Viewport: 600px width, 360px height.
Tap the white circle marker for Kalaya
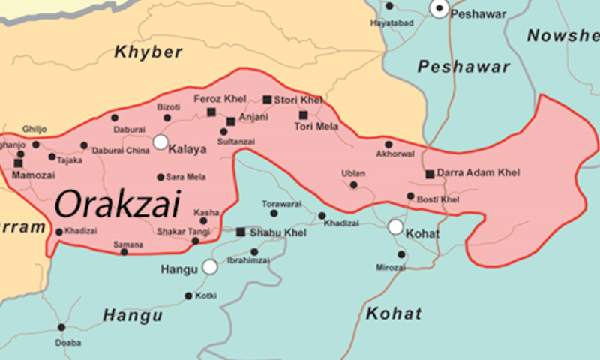click(160, 142)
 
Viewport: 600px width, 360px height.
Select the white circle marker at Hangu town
click(210, 267)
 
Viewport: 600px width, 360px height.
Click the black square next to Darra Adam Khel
click(430, 174)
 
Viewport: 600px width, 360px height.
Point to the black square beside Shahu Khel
click(241, 232)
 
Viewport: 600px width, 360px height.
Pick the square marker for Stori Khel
click(267, 99)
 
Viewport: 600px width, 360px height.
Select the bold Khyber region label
click(148, 52)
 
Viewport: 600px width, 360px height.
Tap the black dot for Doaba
click(61, 328)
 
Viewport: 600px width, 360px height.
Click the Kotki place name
click(206, 296)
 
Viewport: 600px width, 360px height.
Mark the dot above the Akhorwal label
click(388, 145)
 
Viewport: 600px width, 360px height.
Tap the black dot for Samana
click(124, 251)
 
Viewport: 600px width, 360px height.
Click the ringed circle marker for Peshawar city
click(439, 8)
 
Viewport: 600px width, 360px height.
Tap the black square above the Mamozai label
click(18, 163)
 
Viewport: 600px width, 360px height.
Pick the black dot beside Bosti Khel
click(410, 196)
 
